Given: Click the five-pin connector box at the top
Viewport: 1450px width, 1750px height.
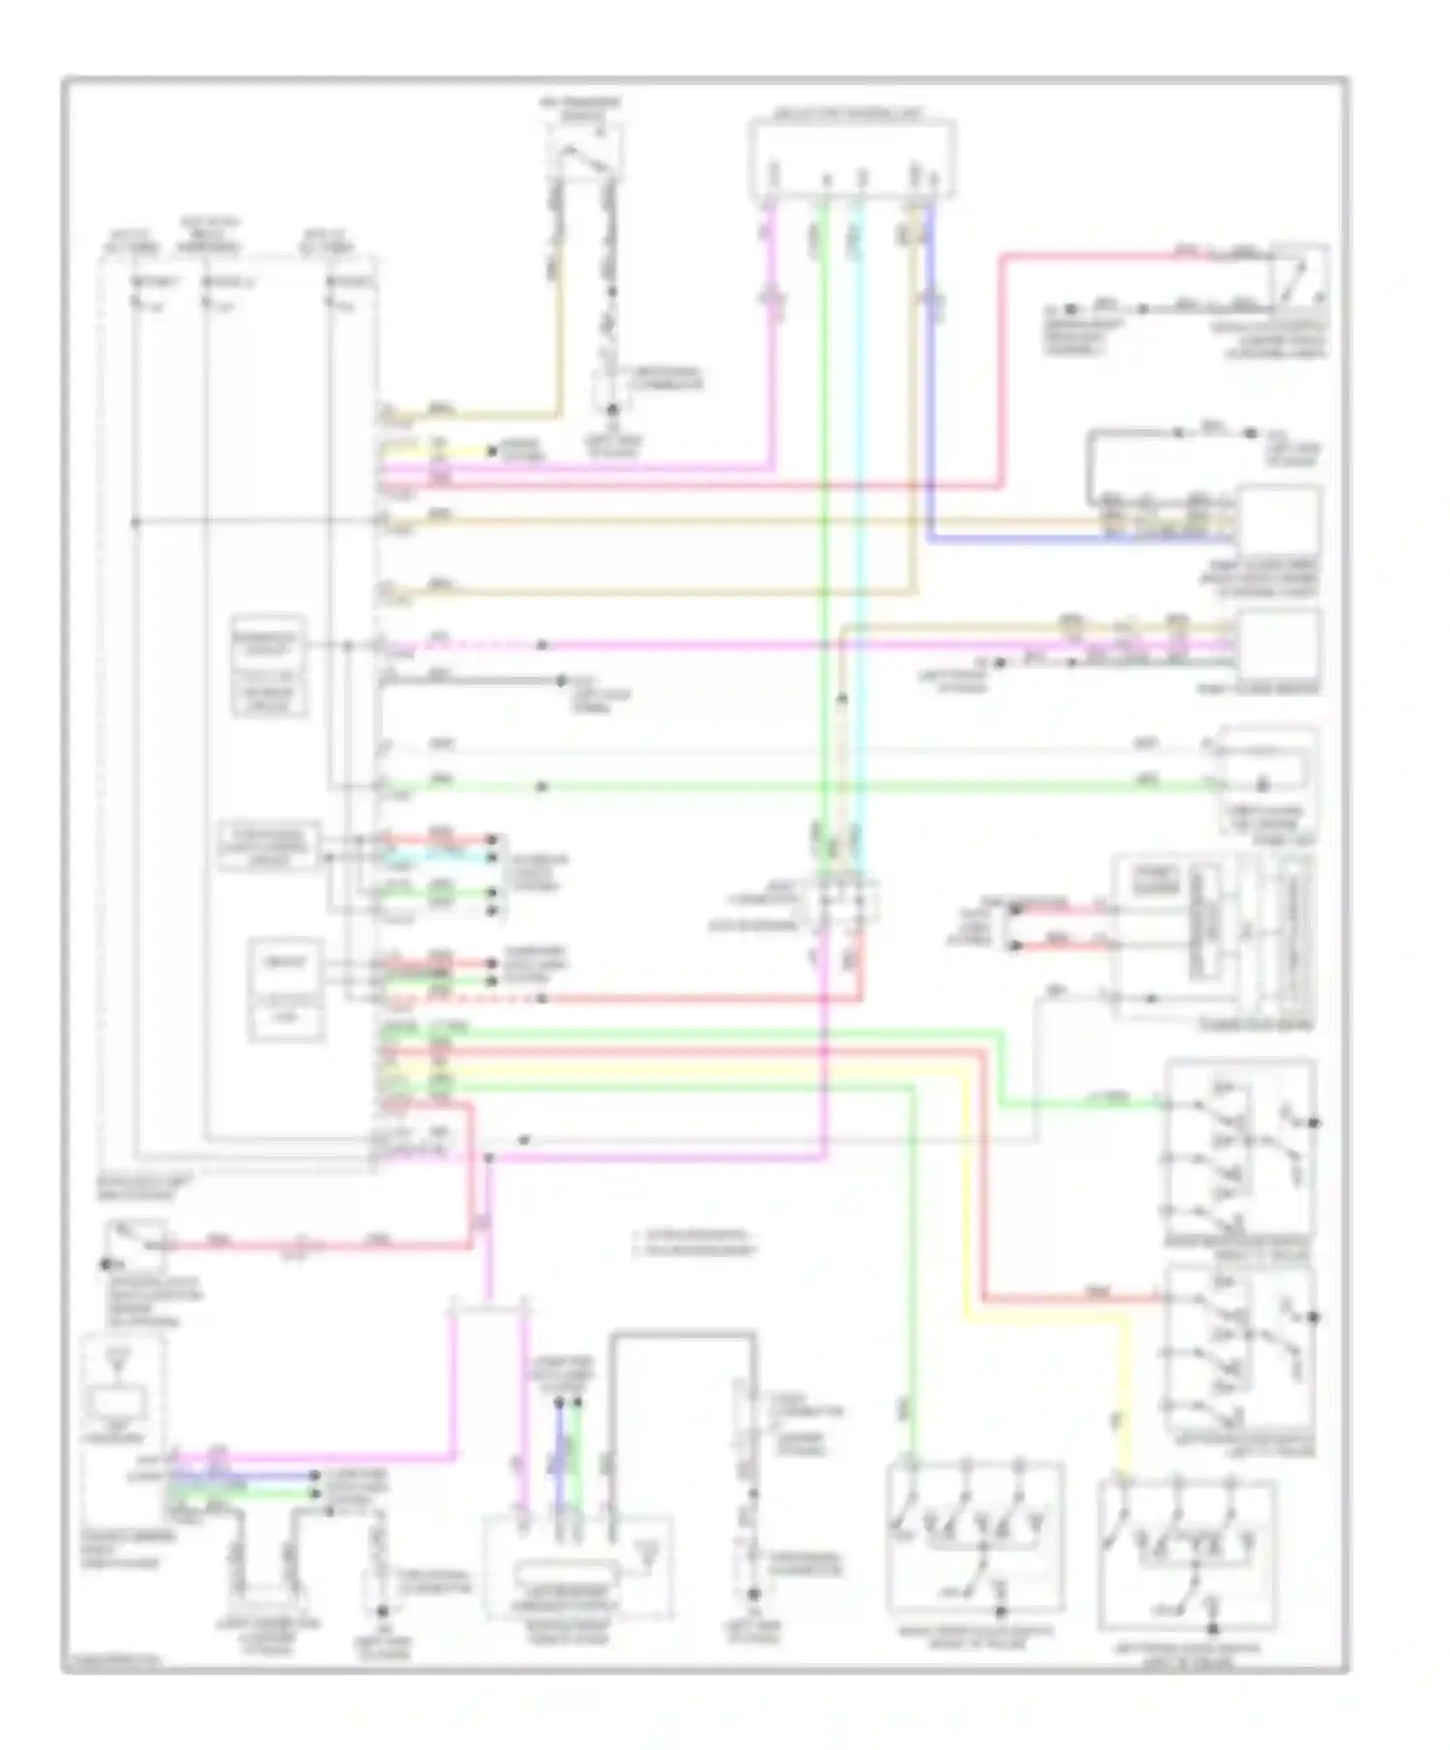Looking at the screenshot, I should pyautogui.click(x=853, y=159).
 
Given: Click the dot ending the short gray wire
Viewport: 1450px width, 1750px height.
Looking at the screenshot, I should pyautogui.click(x=561, y=681).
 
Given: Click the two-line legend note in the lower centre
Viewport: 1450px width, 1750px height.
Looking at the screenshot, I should pyautogui.click(x=693, y=1242).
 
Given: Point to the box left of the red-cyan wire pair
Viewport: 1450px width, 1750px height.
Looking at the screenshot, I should pyautogui.click(x=269, y=847).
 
